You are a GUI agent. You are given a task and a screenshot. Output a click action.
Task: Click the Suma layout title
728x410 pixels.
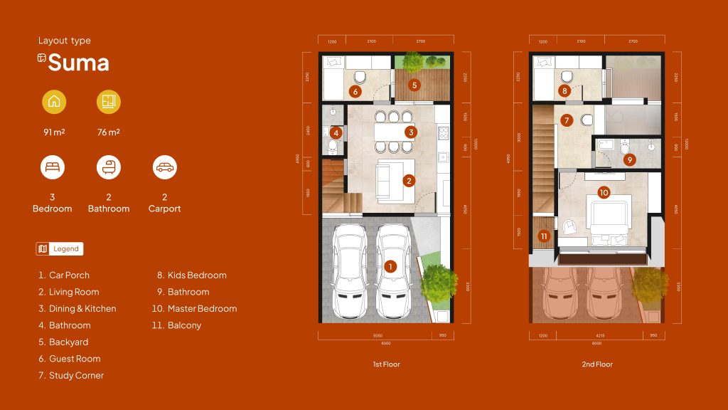click(x=78, y=63)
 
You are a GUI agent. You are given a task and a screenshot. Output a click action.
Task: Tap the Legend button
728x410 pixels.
click(x=60, y=248)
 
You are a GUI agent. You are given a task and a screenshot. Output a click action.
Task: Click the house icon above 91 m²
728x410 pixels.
click(x=54, y=102)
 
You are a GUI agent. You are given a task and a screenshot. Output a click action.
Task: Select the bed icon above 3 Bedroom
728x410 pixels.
click(x=53, y=168)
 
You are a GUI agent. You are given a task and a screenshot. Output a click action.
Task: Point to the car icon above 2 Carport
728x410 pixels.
click(x=164, y=168)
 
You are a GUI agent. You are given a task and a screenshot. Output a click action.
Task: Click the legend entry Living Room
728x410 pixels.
click(x=74, y=292)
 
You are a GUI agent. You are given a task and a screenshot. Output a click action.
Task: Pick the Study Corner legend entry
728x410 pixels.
click(x=76, y=375)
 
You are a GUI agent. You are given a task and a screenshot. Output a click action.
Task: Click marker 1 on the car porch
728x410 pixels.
click(x=390, y=266)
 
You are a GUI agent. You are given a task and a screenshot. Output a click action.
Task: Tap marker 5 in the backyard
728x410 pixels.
click(x=415, y=85)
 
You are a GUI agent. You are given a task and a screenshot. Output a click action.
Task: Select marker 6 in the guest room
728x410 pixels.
click(x=356, y=91)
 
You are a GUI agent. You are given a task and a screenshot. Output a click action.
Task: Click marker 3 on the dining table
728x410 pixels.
click(x=410, y=132)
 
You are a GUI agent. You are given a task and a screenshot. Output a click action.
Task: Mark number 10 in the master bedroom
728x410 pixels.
click(x=604, y=192)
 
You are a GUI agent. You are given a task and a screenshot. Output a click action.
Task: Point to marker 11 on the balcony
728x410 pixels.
click(x=544, y=236)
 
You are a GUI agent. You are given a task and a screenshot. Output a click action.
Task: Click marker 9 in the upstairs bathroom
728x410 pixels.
click(x=629, y=160)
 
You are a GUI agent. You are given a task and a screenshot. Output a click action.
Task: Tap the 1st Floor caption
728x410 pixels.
click(x=386, y=364)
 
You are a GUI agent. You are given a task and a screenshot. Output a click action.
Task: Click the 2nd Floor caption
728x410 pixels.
click(x=597, y=364)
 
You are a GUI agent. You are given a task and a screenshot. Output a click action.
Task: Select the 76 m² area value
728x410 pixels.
click(x=109, y=132)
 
